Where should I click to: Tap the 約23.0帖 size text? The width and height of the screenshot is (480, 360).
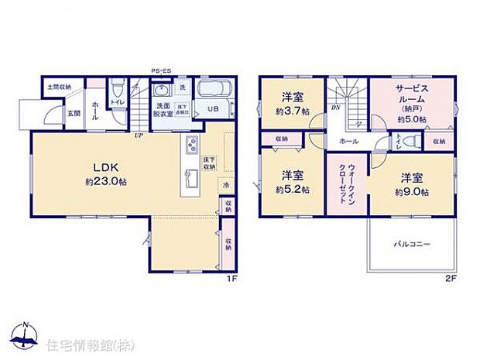point(106,184)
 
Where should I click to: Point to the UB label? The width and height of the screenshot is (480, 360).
point(213,109)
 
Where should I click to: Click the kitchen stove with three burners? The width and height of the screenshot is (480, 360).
point(192,145)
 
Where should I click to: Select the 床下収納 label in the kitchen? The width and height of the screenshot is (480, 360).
point(210,163)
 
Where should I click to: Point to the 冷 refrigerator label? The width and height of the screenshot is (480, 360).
point(225,185)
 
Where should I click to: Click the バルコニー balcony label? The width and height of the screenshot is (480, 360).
point(411,243)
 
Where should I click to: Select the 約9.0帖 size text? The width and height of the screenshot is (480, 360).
point(412,191)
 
